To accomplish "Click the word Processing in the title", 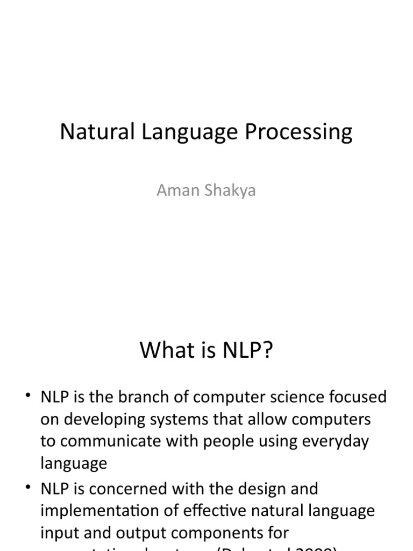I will (299, 132).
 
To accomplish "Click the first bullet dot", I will (28, 397).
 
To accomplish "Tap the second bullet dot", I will (28, 488).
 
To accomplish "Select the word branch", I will (146, 398).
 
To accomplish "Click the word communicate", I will (104, 442).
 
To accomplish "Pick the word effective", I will (223, 511).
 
